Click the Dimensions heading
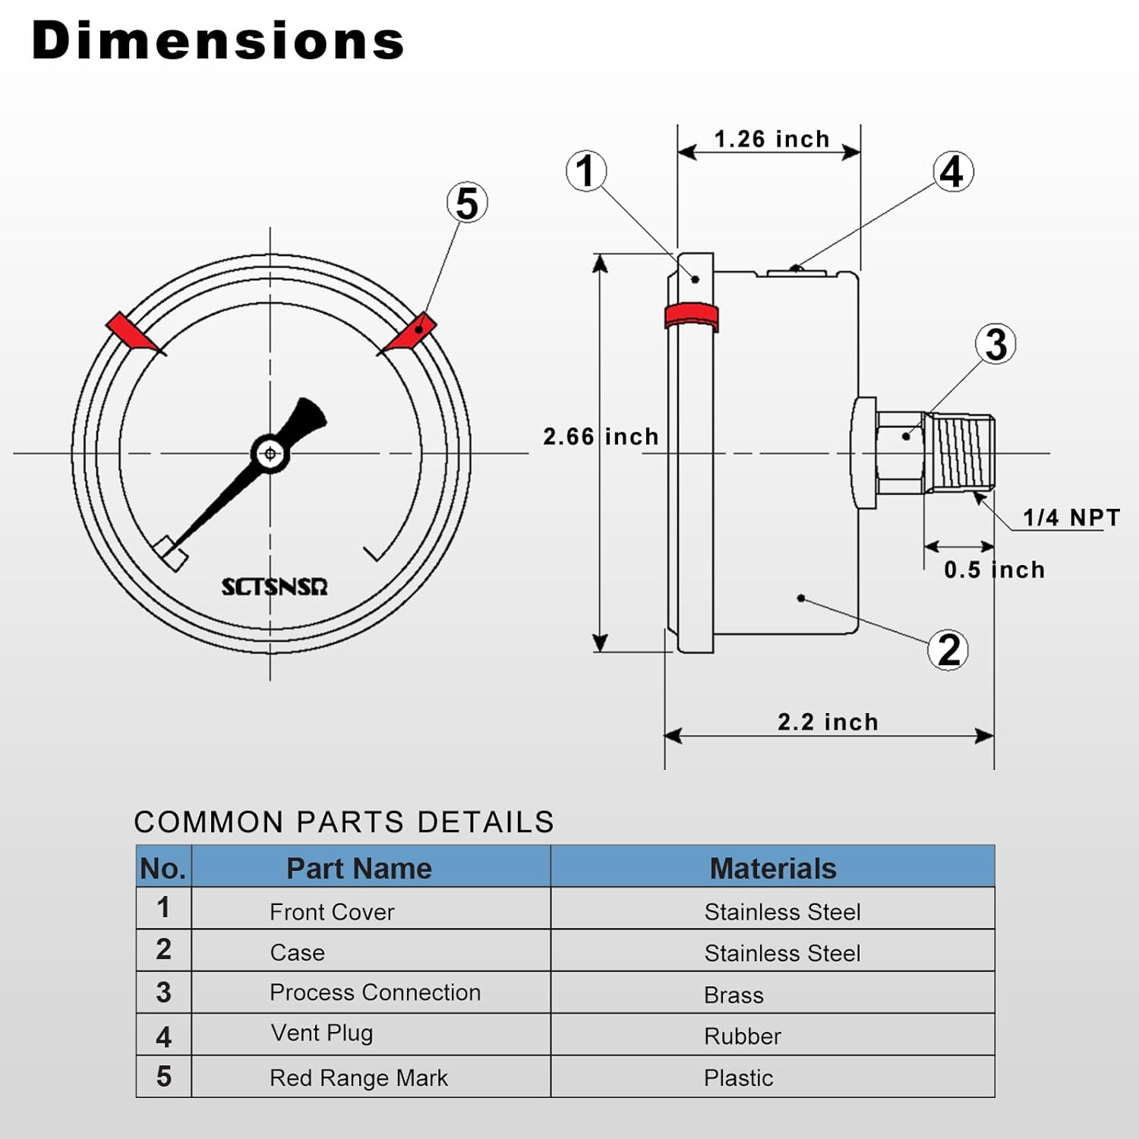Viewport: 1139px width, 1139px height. point(218,41)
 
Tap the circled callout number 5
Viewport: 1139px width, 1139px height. point(466,204)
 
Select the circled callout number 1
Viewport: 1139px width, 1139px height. point(585,171)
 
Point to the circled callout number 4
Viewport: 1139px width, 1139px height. point(952,172)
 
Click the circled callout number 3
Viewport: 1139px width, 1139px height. point(995,344)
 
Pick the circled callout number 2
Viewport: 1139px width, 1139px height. point(948,650)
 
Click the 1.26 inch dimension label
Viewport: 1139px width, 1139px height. point(771,140)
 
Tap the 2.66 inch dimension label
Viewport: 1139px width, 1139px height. point(601,437)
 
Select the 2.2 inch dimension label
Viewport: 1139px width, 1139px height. point(828,721)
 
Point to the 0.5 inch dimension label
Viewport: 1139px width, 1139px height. point(994,569)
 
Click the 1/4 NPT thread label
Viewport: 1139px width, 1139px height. point(1071,518)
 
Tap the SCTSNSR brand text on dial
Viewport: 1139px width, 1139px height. point(274,587)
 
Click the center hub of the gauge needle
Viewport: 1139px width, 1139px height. point(270,454)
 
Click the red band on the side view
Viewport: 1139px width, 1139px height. point(691,316)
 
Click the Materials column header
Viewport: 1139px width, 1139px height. point(772,868)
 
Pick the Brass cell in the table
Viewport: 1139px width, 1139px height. point(734,995)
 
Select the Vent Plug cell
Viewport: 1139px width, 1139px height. point(322,1033)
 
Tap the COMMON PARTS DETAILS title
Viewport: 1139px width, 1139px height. point(344,822)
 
